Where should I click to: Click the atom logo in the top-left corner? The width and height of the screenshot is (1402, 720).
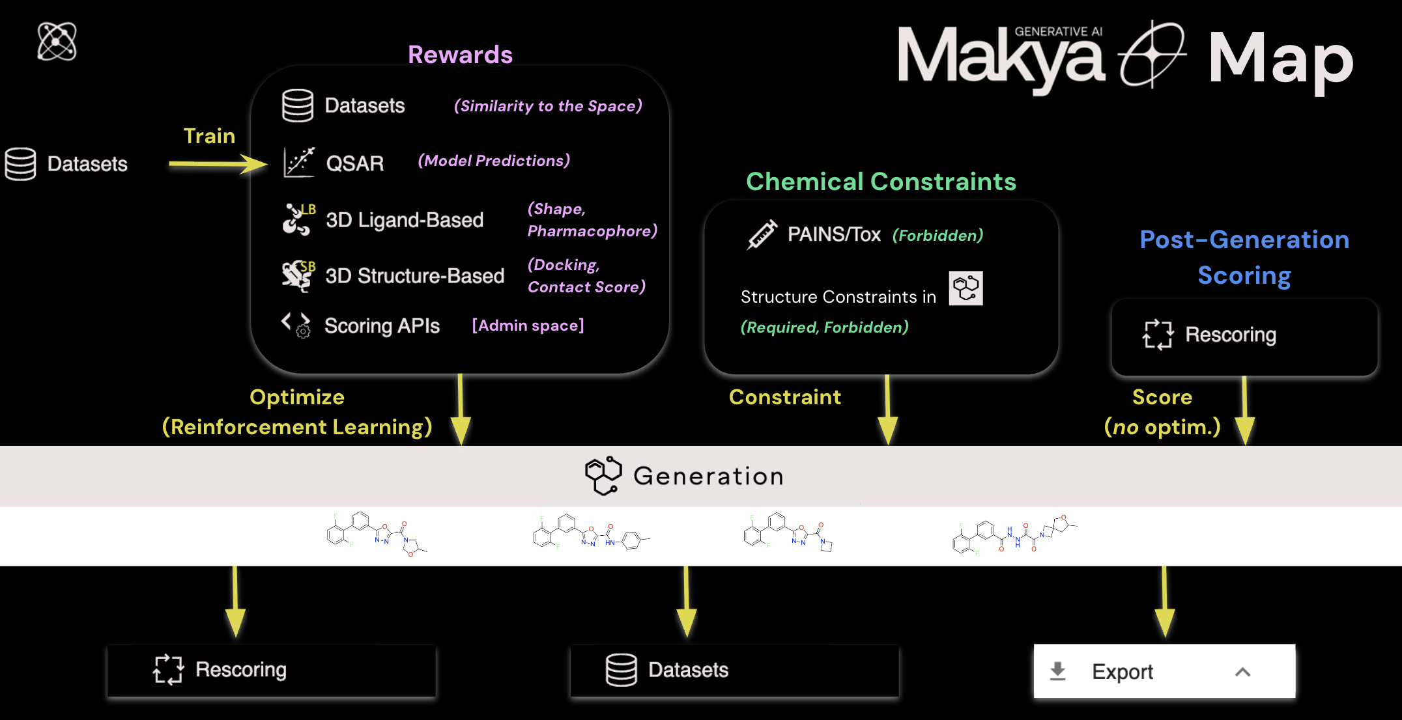tap(57, 41)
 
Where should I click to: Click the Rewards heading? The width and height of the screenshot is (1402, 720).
tap(460, 55)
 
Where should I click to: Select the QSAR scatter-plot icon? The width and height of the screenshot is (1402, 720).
tap(299, 162)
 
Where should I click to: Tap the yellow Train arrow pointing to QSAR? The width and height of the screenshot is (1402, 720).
tap(218, 163)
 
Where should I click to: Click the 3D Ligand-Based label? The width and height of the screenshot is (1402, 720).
tap(405, 220)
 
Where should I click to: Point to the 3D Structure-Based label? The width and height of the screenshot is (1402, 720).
tap(415, 276)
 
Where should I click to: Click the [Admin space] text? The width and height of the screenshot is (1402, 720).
tap(528, 325)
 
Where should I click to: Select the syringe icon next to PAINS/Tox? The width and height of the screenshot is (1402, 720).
tap(762, 234)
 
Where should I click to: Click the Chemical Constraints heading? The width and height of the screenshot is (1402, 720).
tap(881, 182)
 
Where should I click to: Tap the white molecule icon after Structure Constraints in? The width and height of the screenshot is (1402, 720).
tap(966, 288)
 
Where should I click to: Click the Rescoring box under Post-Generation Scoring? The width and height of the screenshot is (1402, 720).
tap(1244, 337)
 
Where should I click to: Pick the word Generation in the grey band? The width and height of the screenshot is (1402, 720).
tap(709, 477)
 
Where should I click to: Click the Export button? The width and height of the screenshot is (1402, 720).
tap(1164, 671)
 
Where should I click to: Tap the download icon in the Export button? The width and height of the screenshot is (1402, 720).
tap(1058, 671)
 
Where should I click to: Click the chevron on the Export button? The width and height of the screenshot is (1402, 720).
tap(1242, 672)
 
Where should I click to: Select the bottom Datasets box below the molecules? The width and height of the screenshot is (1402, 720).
tap(734, 671)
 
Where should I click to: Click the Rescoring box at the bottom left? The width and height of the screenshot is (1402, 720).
tap(271, 671)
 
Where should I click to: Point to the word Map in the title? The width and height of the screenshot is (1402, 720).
tap(1281, 60)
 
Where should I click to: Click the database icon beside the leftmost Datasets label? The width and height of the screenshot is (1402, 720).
tap(20, 164)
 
